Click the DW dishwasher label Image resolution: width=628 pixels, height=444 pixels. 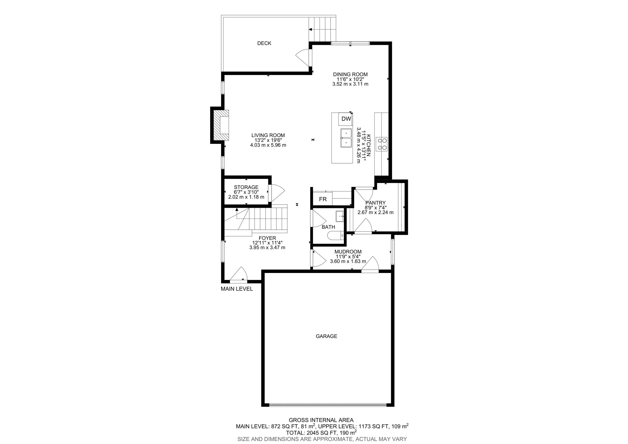click(346, 119)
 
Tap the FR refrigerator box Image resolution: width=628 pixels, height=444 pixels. click(323, 199)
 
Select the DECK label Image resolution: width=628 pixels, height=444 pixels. click(264, 43)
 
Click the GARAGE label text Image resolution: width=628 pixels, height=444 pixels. click(326, 336)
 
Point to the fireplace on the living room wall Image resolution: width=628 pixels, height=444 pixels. click(221, 125)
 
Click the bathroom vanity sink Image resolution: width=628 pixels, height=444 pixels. click(340, 216)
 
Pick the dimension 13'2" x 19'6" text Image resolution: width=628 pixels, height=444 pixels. click(268, 140)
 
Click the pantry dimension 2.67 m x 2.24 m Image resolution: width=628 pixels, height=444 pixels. click(375, 212)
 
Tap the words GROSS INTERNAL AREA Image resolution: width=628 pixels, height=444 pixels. click(321, 420)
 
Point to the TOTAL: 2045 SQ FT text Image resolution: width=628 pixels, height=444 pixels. click(312, 433)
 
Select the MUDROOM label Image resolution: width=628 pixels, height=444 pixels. click(348, 251)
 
